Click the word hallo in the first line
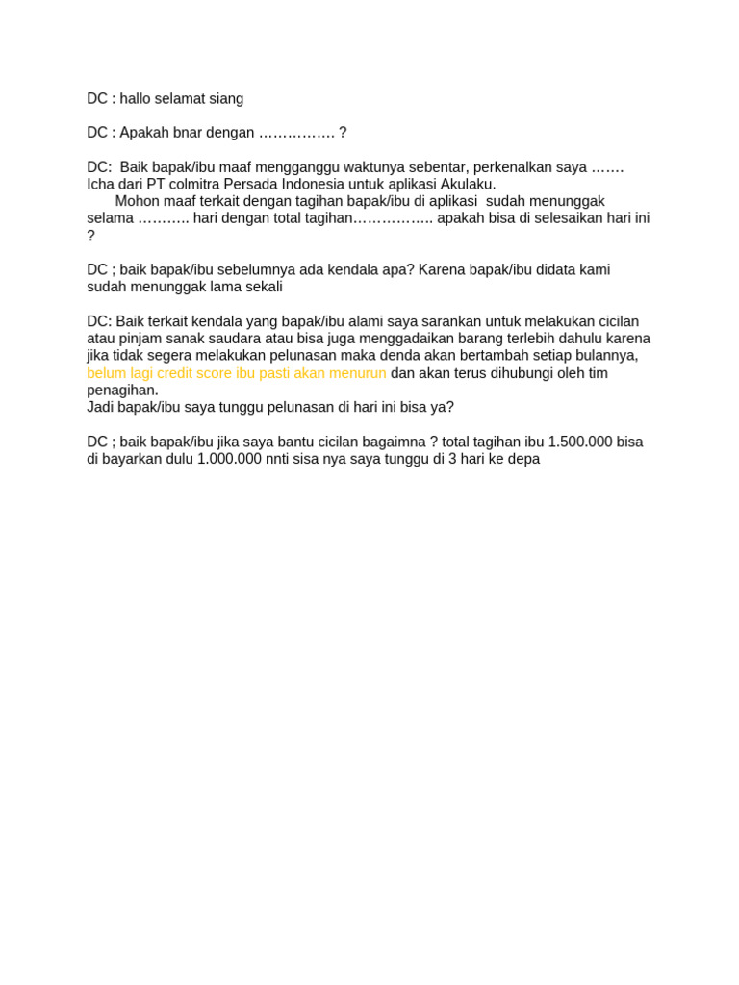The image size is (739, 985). [x=138, y=99]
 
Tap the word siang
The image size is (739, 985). [x=225, y=99]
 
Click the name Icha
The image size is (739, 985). [x=103, y=185]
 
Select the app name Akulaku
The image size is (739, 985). [x=468, y=185]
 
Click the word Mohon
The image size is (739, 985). [x=137, y=201]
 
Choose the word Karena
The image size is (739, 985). [x=442, y=270]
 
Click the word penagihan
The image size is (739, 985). [x=121, y=391]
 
